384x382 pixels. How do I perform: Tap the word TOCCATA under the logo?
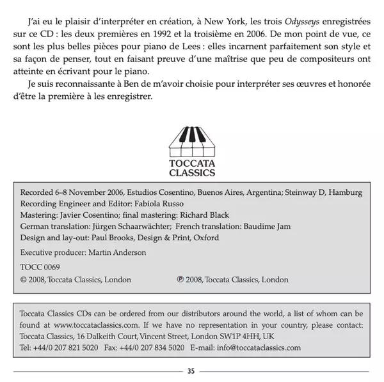click(x=192, y=163)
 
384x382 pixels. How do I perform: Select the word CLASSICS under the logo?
click(x=192, y=172)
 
